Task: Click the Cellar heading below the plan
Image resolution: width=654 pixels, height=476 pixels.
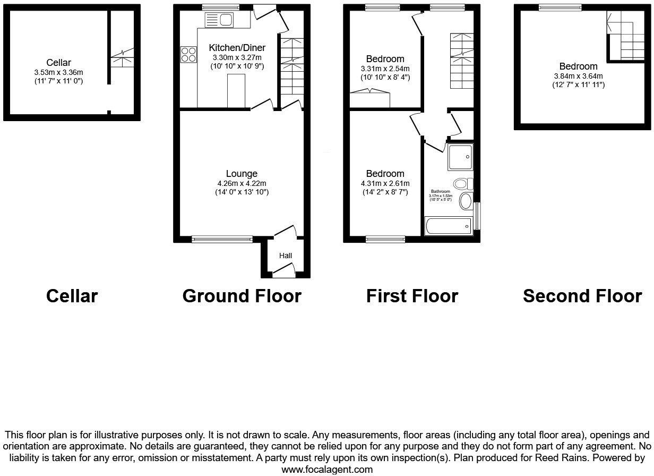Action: click(72, 296)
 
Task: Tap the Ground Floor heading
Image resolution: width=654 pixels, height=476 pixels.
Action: click(242, 296)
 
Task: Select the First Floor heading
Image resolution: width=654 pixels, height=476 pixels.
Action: click(412, 296)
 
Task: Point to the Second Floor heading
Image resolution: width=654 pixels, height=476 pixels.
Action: click(582, 296)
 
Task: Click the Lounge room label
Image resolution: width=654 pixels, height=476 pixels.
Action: click(242, 174)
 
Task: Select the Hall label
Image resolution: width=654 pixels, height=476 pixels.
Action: click(286, 256)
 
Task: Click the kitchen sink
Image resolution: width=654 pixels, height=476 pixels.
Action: click(219, 20)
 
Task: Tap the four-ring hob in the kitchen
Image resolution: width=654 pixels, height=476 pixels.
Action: click(188, 54)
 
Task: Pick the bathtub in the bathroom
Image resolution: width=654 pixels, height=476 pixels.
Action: click(448, 227)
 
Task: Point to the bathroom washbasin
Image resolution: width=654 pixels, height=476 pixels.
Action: click(465, 201)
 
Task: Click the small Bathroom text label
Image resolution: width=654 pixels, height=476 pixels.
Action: click(440, 191)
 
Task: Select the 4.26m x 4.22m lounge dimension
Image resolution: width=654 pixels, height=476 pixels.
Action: click(242, 183)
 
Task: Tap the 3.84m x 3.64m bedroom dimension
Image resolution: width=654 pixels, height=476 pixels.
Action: click(578, 76)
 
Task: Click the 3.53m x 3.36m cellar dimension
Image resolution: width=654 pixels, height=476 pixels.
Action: click(58, 72)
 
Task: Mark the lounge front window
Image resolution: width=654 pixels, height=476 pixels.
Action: click(222, 240)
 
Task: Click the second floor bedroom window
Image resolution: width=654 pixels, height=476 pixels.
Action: click(560, 7)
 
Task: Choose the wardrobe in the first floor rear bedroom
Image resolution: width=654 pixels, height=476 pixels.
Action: click(370, 99)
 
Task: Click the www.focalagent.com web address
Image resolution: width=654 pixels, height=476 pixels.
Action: click(327, 470)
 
